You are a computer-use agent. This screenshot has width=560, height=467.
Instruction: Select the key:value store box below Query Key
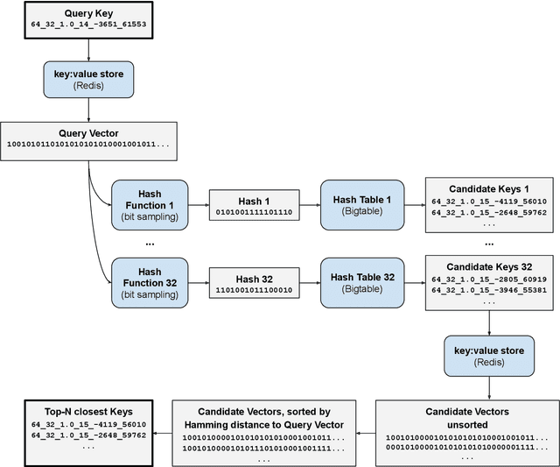tap(88, 80)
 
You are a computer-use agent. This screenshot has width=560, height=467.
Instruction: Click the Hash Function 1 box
tap(150, 205)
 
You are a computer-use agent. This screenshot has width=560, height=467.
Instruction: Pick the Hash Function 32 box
tap(150, 282)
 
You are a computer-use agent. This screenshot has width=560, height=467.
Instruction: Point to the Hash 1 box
tap(254, 205)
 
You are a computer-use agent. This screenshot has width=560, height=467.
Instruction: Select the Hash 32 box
tap(254, 282)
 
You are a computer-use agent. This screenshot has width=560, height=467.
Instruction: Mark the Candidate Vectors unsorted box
tap(466, 432)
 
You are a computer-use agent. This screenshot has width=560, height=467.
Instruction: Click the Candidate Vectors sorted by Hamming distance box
tap(263, 432)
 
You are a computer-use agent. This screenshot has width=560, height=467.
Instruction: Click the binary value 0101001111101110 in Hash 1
tap(254, 213)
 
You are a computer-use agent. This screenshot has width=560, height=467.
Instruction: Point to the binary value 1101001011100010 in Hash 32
tap(254, 290)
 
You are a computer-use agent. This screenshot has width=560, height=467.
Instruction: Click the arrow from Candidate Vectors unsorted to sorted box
tap(365, 432)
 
